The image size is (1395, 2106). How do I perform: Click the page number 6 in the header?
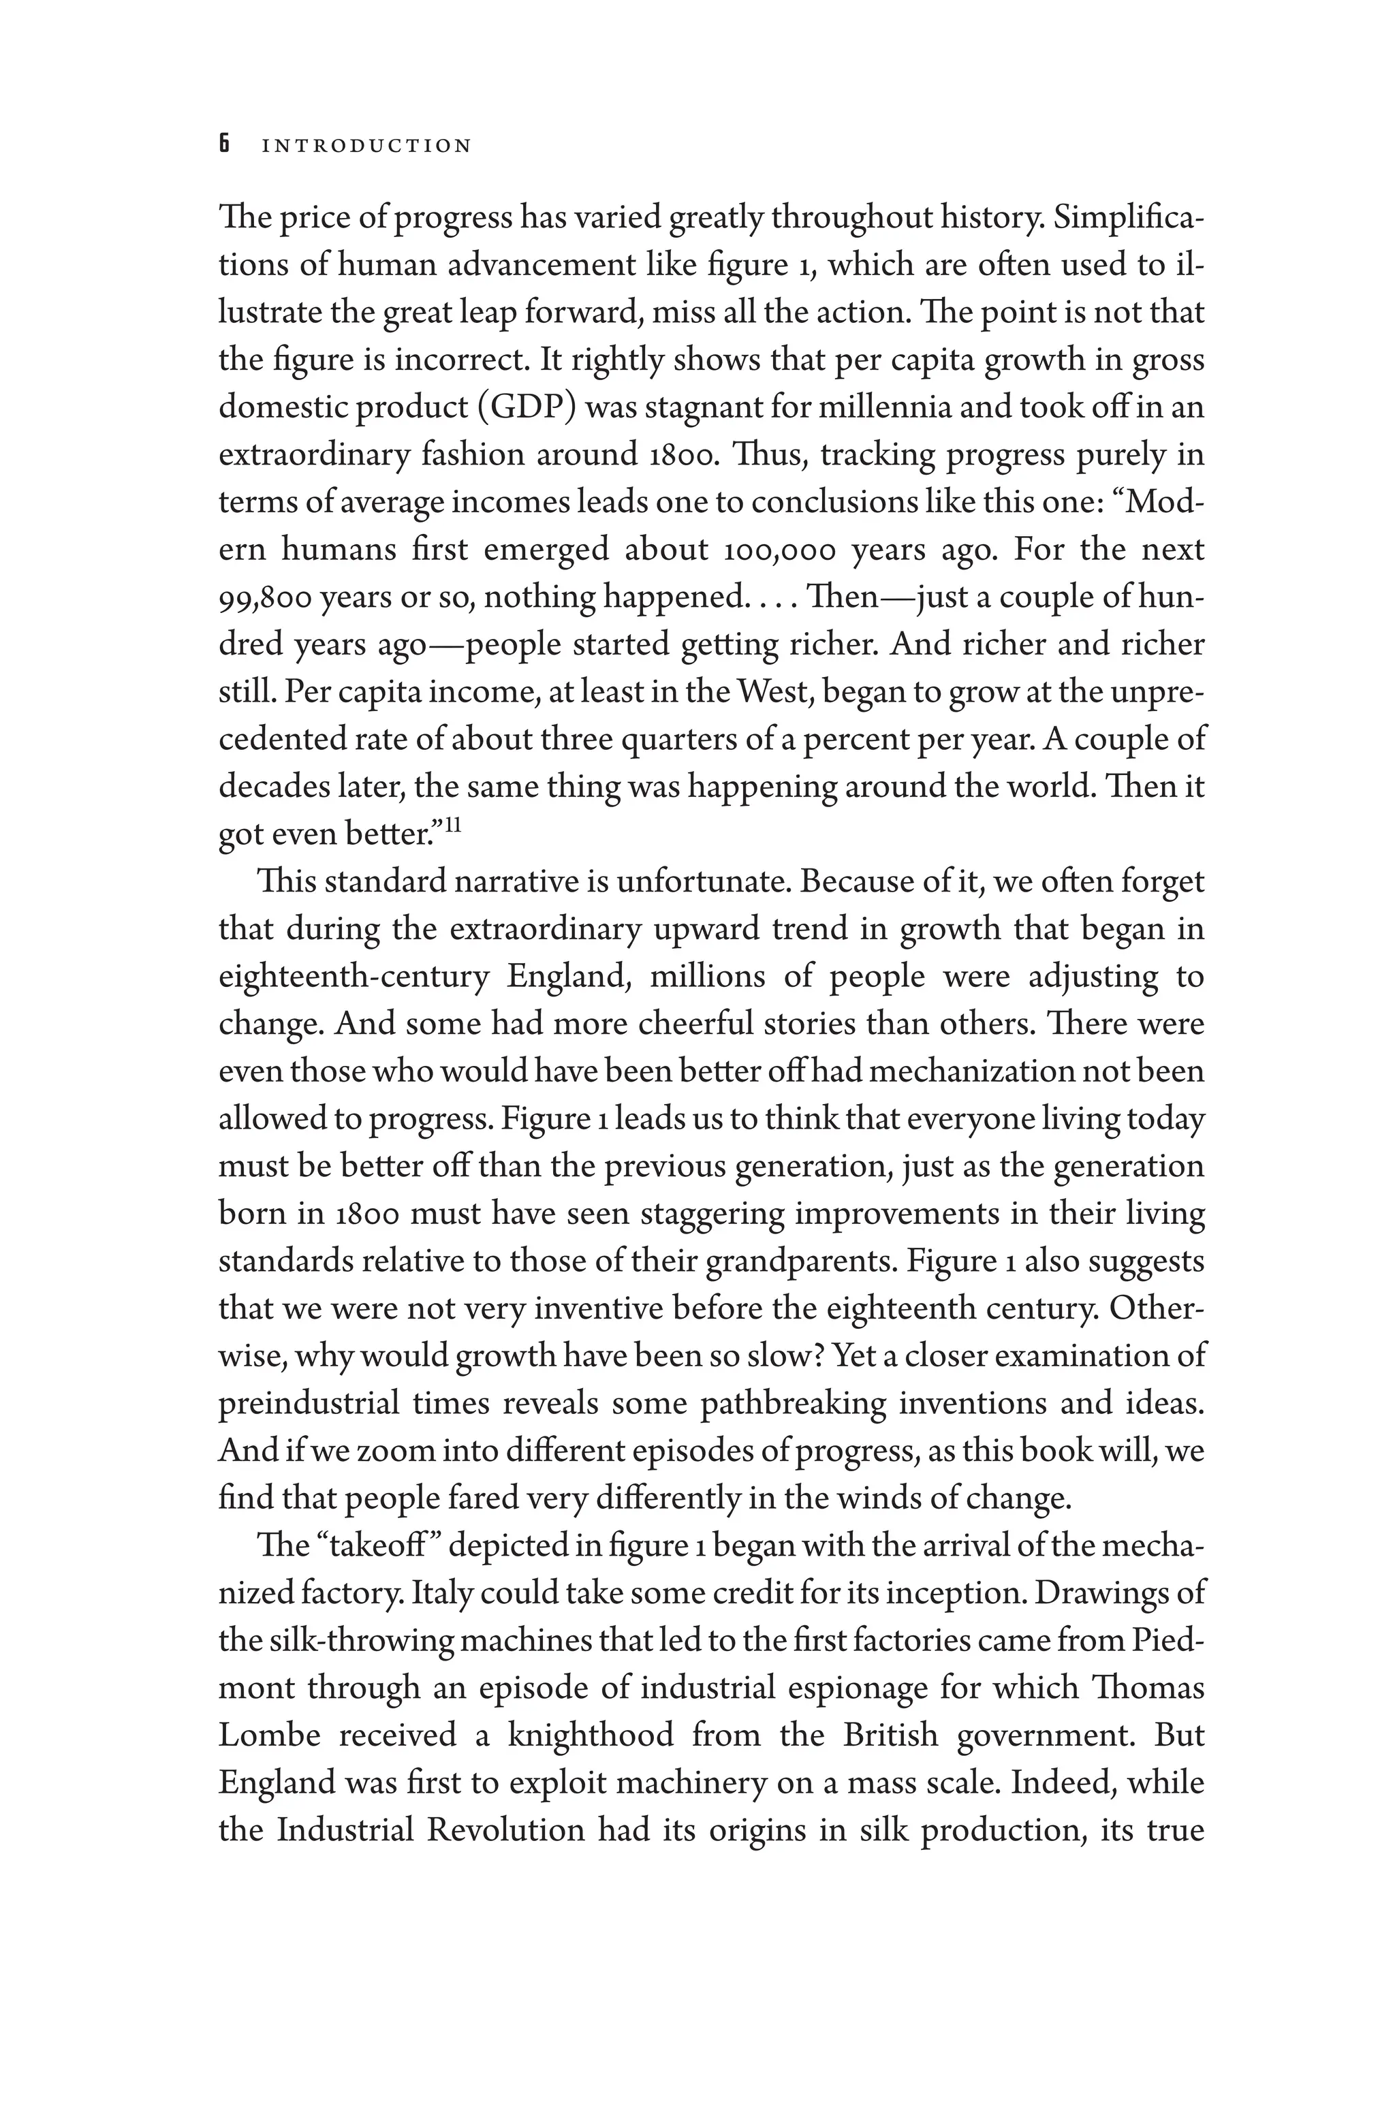pyautogui.click(x=225, y=144)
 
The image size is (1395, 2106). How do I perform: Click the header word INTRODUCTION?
pyautogui.click(x=366, y=146)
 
